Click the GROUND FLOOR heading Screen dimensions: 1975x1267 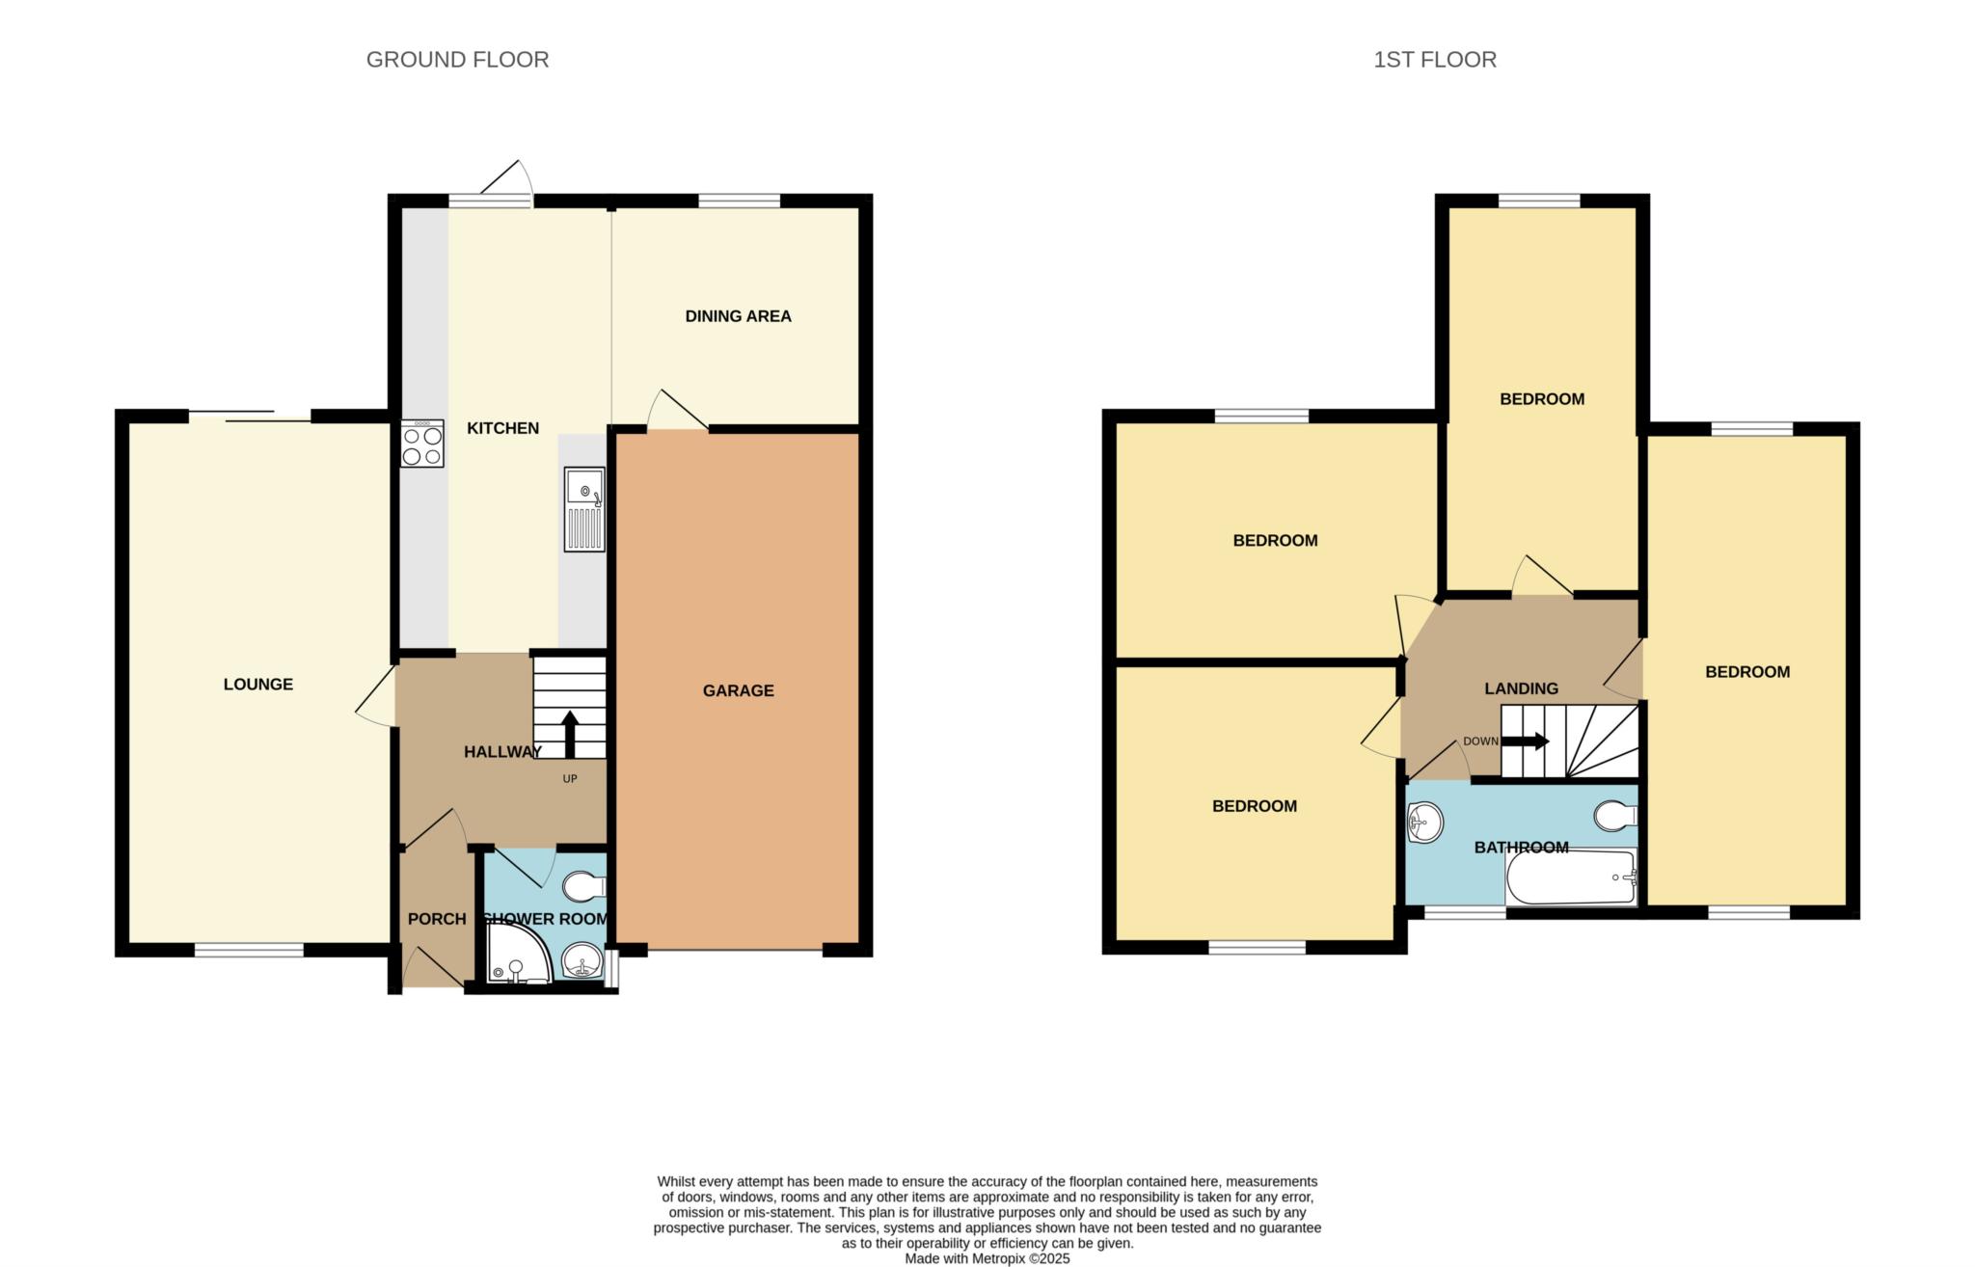coord(457,60)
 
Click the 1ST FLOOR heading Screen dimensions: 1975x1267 coord(1435,60)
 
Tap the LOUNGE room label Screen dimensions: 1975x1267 coord(257,685)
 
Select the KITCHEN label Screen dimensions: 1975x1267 coord(502,428)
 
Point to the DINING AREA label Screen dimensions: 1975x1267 coord(738,316)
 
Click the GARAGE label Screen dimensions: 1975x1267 coord(738,690)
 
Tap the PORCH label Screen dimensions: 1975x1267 coord(437,919)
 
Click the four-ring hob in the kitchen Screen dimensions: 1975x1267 coord(422,444)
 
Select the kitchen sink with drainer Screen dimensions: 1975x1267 coord(585,509)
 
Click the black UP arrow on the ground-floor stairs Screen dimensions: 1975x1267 coord(569,735)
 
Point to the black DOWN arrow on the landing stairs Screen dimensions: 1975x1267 coord(1526,741)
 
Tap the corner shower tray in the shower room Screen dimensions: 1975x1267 coord(519,954)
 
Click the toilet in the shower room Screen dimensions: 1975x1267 coord(584,885)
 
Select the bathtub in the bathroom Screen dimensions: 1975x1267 coord(1571,876)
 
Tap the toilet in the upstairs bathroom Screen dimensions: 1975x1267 coord(1616,816)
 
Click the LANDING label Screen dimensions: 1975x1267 coord(1521,688)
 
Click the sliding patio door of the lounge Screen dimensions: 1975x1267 coord(250,417)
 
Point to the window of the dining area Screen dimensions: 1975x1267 coord(739,201)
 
